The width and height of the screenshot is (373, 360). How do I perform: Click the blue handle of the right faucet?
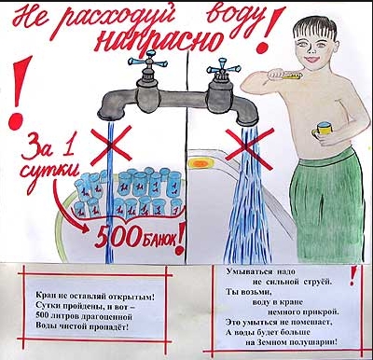[222, 66]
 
